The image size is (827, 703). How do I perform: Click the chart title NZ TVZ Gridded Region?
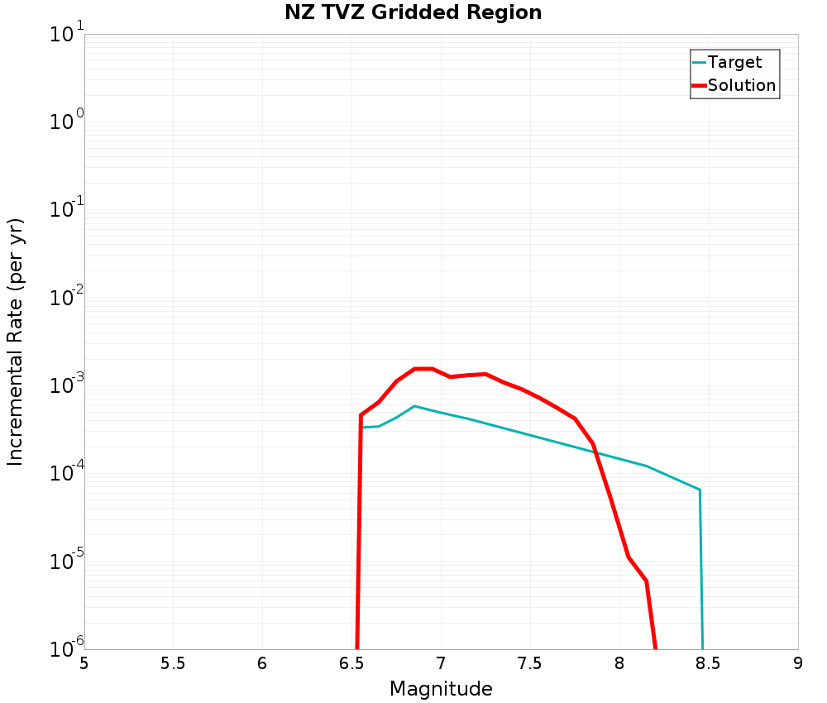[413, 13]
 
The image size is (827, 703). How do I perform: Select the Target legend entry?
[734, 62]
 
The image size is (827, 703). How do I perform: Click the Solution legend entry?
[742, 85]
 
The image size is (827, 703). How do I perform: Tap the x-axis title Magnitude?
[441, 689]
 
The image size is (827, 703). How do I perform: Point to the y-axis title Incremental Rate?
[16, 342]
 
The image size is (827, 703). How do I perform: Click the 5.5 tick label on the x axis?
[173, 664]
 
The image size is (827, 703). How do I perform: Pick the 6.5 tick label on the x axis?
[351, 664]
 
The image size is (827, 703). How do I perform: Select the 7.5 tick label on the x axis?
[530, 664]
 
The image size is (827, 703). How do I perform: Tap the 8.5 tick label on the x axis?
[709, 664]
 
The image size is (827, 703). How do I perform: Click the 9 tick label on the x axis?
[798, 664]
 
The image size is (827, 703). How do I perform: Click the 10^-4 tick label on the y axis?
[64, 472]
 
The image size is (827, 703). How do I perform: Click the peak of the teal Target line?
[413, 406]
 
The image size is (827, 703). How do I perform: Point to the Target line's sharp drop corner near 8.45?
[700, 490]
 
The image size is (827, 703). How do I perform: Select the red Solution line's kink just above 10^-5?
[629, 557]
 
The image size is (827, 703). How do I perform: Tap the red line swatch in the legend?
[699, 85]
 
